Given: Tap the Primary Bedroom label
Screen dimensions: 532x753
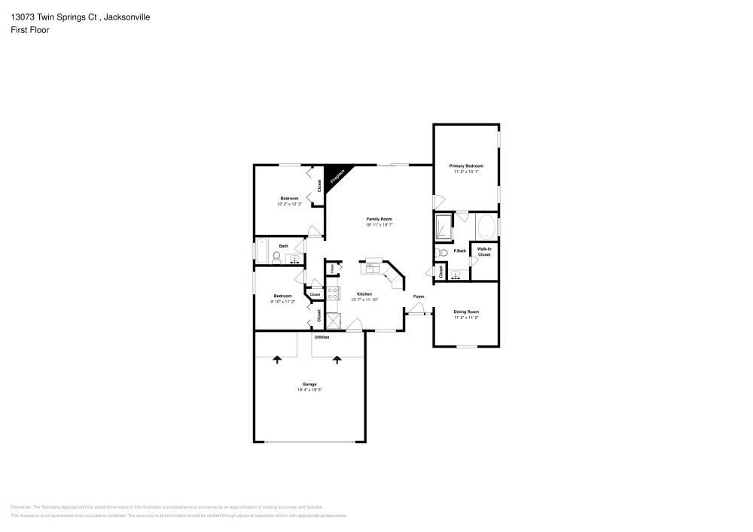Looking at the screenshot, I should tap(466, 166).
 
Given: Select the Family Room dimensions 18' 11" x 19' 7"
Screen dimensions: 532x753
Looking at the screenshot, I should tap(380, 224).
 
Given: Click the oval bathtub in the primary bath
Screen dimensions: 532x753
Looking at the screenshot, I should tap(486, 226).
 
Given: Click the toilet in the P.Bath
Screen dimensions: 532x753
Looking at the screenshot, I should tap(442, 252).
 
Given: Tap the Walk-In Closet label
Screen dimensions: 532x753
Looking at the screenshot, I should tap(484, 252).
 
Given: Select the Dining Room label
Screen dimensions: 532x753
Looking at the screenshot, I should tap(466, 312).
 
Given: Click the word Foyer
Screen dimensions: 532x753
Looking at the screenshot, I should tap(418, 296).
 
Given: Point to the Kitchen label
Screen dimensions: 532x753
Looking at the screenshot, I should tap(364, 293).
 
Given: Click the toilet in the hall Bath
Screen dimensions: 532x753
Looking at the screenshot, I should tap(277, 258).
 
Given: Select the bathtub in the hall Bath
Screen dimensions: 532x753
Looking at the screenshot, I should tap(261, 251).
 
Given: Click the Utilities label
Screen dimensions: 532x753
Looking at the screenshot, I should tap(322, 337).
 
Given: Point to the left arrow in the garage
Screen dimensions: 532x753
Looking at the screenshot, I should tap(277, 360).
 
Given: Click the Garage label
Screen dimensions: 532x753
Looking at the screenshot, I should tap(309, 385).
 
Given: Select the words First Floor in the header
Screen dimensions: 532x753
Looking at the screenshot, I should tap(30, 30).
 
